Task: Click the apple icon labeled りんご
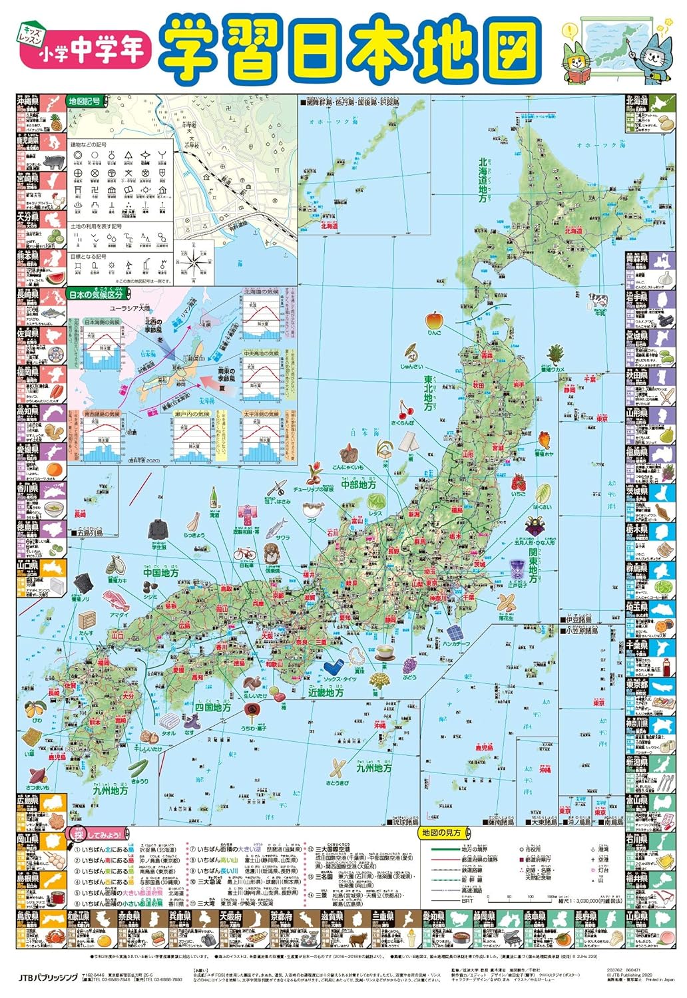click(434, 320)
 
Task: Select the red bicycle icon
click(244, 554)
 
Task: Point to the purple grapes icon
click(408, 663)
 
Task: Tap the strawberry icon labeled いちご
click(519, 481)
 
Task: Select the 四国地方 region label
click(213, 707)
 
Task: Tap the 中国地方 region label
click(160, 572)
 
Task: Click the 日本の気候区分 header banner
click(95, 295)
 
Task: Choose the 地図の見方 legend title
click(441, 832)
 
